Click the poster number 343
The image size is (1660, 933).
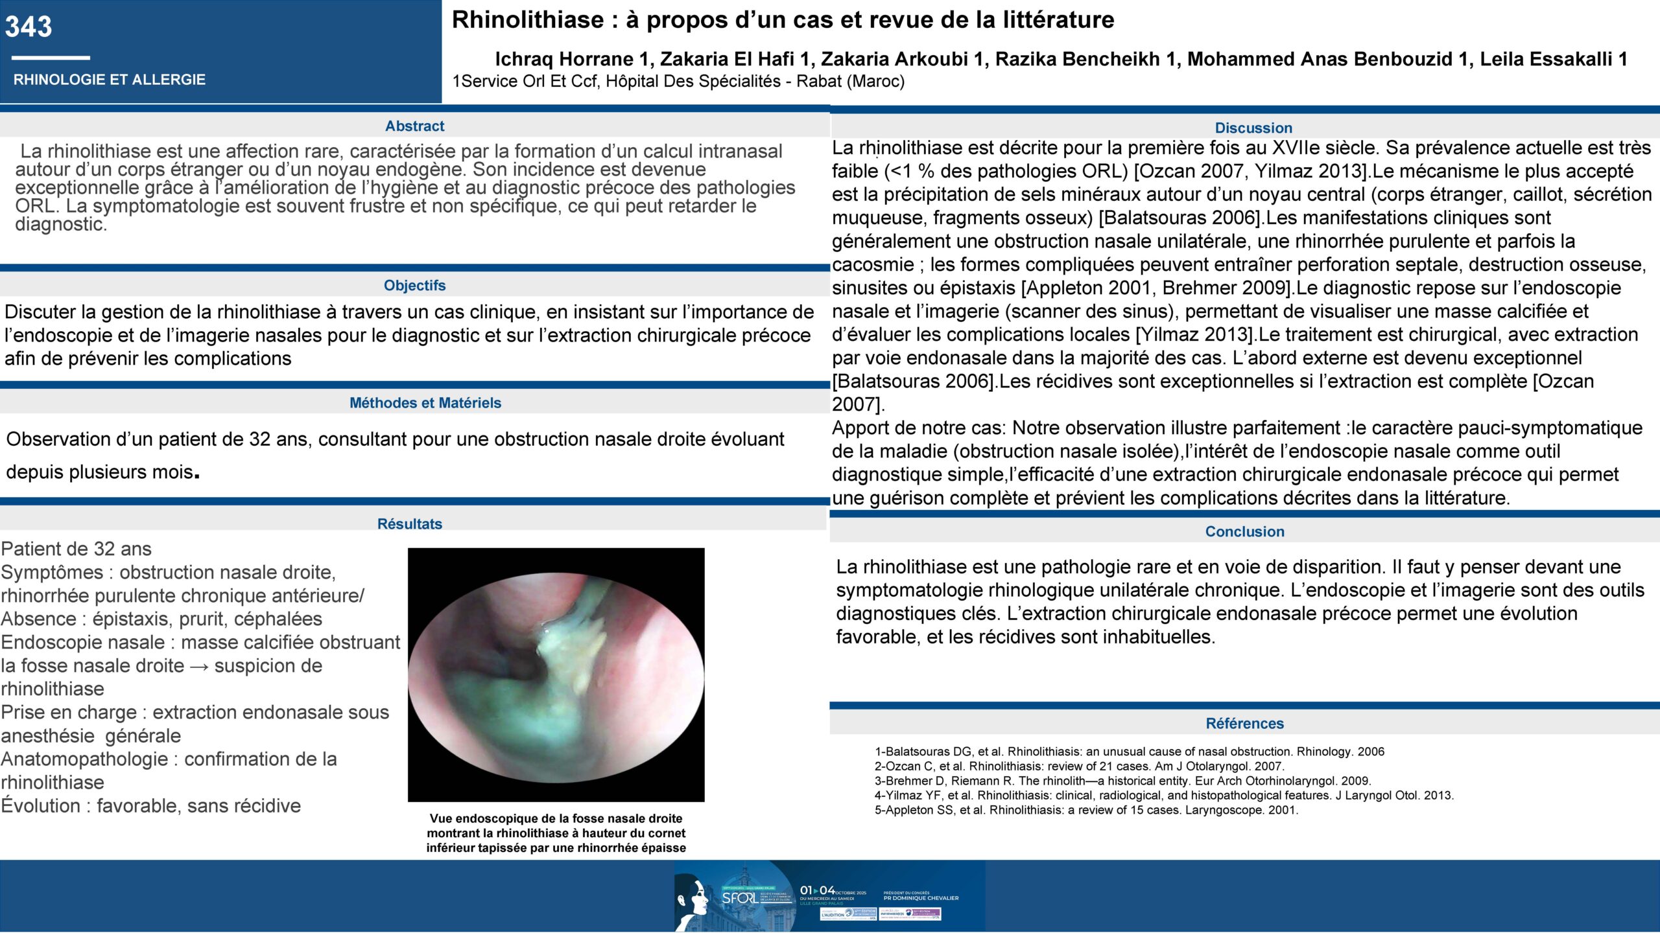coord(29,27)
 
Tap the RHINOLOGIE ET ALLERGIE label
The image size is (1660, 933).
coord(109,80)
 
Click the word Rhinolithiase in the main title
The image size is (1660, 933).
coord(528,20)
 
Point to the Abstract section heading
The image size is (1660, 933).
coord(414,126)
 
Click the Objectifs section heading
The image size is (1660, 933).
coord(414,286)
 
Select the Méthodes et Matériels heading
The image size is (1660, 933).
coord(425,403)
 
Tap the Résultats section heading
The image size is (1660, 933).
coord(409,524)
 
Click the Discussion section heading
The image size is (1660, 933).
coord(1253,128)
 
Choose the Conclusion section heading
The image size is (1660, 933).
coord(1244,532)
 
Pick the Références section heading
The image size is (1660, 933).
coord(1244,724)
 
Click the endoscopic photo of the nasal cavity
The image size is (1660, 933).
coord(556,674)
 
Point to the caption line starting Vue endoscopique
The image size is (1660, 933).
coord(556,819)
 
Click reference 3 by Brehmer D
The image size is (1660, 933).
coord(1122,781)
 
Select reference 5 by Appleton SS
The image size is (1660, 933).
coord(1086,811)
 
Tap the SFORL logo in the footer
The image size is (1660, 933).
coord(739,898)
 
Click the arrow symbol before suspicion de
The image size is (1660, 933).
coord(199,666)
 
